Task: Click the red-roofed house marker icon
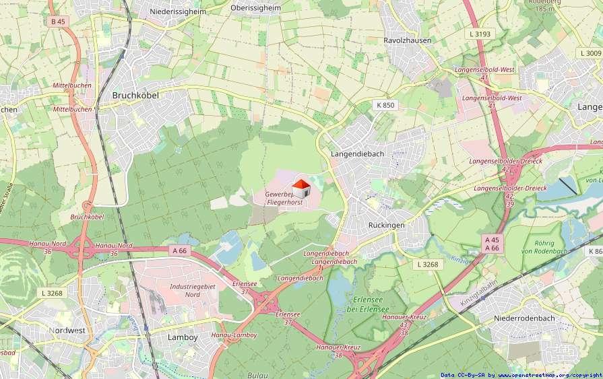point(300,188)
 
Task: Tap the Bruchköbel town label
point(135,96)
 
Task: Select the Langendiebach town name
point(358,153)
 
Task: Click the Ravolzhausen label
point(407,40)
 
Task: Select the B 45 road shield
point(58,22)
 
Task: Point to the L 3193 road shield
point(480,34)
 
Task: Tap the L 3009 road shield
point(590,53)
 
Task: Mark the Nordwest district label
point(67,331)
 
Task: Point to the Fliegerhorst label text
point(284,202)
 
